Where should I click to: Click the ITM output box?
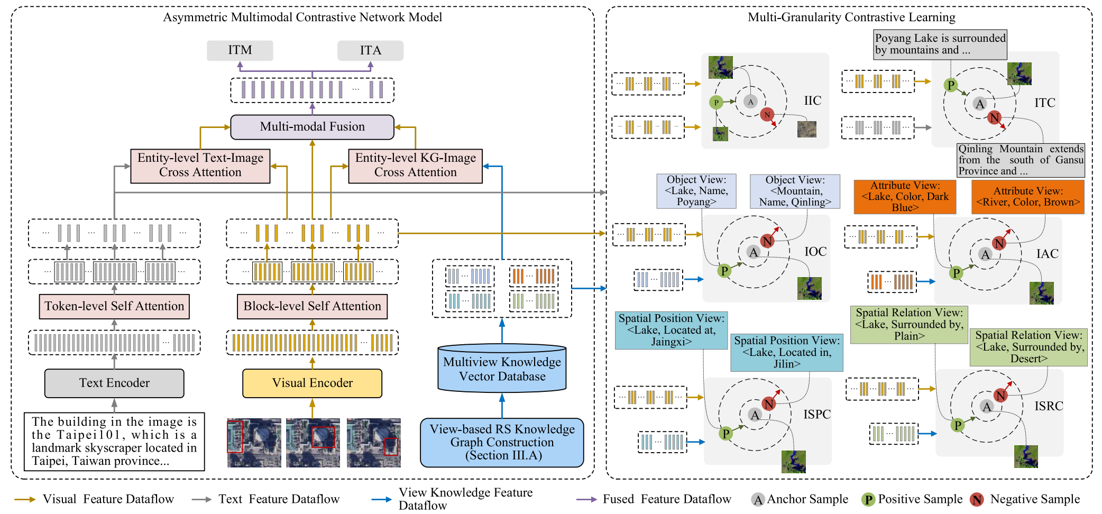(240, 50)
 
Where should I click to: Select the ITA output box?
(370, 50)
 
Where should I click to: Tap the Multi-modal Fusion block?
(312, 127)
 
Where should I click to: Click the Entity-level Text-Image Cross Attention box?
(200, 166)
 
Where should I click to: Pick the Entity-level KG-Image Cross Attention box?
(415, 166)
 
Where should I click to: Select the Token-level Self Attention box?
(114, 306)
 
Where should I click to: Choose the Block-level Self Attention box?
(312, 306)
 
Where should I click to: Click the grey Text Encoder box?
(114, 383)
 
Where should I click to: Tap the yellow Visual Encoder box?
(312, 383)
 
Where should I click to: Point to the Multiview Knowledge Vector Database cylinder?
(502, 369)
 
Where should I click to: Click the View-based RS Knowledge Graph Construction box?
(502, 443)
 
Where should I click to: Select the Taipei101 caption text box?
(114, 442)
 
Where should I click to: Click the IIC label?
(812, 100)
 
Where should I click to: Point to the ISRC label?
(1049, 406)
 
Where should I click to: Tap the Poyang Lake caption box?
(940, 44)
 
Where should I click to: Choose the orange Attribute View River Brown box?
(1027, 197)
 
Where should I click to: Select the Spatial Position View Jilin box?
(786, 352)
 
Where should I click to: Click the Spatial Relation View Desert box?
(1028, 347)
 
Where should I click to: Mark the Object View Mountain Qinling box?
(795, 191)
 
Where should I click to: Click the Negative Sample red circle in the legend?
(977, 500)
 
